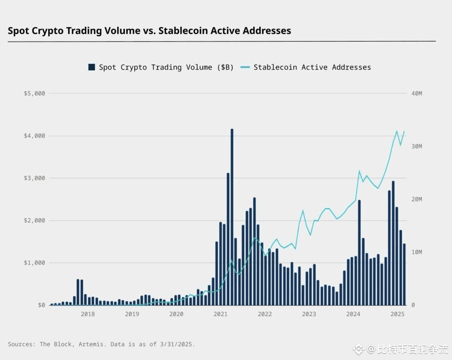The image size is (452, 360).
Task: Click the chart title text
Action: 149,31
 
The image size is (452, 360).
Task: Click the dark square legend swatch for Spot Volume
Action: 91,67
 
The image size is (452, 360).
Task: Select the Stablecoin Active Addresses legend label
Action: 312,67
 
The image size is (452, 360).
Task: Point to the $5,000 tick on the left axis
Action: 35,93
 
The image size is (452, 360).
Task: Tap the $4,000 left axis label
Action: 35,136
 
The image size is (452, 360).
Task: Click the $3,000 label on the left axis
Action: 35,178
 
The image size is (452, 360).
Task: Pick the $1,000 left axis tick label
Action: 35,263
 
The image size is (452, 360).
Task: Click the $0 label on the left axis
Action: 41,305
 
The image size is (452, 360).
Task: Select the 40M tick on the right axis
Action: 417,93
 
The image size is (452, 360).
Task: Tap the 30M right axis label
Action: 417,146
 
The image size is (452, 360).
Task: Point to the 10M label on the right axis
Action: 417,252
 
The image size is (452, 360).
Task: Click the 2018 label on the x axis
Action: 88,314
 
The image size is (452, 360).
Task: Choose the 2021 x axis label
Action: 220,314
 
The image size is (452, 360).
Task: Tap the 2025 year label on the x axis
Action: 397,314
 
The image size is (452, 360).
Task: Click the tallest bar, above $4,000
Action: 232,217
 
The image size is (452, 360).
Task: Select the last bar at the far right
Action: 404,274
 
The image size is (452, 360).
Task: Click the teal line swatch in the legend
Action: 245,67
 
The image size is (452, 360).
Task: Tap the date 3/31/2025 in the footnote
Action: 176,344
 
